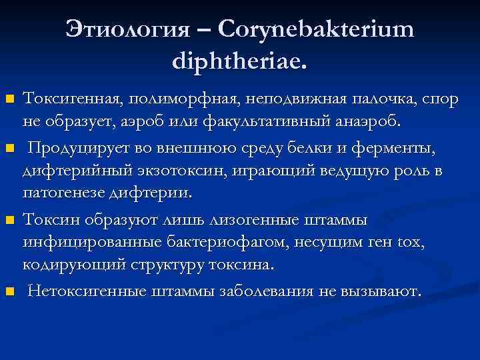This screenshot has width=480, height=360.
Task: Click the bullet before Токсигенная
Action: (9, 100)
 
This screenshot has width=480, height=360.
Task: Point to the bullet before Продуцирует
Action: (9, 147)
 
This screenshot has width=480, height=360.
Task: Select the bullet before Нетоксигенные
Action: (9, 291)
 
